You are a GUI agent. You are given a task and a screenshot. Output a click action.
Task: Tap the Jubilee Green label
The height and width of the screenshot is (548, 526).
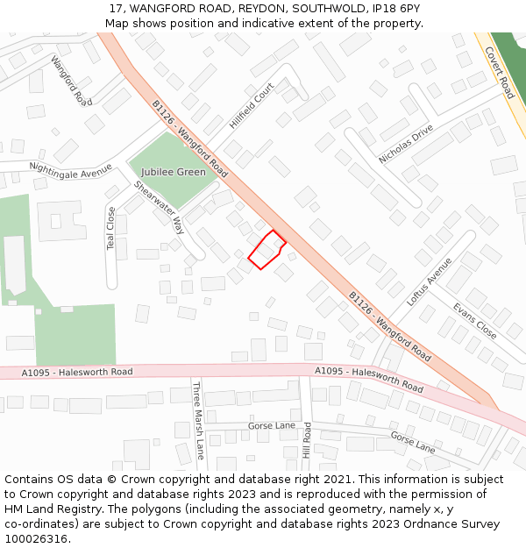coord(174,172)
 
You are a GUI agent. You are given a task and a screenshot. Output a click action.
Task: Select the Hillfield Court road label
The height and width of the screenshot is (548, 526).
coord(252,106)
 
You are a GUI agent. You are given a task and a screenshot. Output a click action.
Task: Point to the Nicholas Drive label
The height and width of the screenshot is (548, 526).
coord(406,144)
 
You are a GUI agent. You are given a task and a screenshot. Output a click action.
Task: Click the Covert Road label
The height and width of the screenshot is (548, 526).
coord(499,73)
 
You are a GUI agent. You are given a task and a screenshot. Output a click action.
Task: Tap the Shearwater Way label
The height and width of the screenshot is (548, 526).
coord(159,208)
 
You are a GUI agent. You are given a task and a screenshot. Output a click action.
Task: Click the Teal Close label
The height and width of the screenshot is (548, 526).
coord(110,228)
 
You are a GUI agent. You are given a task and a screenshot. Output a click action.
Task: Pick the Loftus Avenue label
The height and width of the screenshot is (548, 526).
coord(429,281)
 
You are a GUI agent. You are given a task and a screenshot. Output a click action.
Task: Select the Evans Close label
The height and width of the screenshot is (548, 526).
coord(475,321)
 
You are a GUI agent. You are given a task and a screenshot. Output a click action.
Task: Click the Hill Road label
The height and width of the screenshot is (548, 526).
coord(307,439)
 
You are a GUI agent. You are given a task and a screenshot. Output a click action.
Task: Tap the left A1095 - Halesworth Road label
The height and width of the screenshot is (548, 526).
coord(77,373)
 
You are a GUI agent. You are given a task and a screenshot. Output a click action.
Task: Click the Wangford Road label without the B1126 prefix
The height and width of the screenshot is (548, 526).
coord(71,81)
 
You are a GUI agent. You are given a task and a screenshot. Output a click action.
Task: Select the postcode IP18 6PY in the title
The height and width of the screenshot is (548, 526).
coord(395,9)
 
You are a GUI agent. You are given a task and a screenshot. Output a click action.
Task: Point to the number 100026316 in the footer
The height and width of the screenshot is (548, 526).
coord(35,539)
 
